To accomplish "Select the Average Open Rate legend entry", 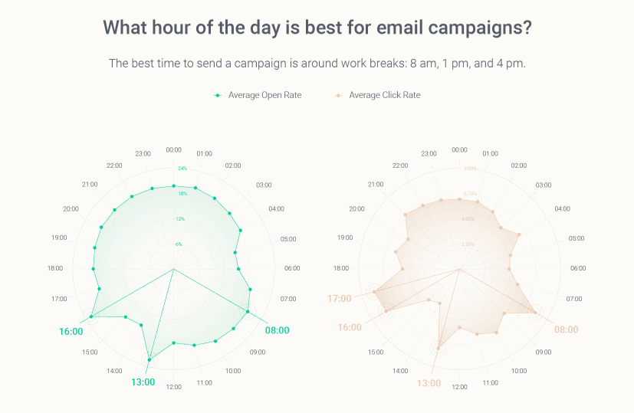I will point(264,95).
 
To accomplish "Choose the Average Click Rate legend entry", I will point(384,95).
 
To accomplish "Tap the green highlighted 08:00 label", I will point(277,330).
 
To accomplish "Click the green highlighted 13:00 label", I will point(143,382).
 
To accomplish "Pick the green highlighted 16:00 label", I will point(71,331).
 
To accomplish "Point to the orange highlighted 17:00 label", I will point(339,298).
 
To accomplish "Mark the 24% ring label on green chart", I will point(182,168).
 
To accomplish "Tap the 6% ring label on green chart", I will point(179,244).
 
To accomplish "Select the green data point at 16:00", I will point(91,316).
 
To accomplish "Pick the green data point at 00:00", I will point(174,185).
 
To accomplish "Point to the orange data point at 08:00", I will point(534,312).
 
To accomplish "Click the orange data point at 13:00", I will point(439,349).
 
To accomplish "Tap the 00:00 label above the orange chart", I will point(459,149).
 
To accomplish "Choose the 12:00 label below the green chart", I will point(174,387).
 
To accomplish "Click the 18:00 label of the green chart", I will point(55,268).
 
